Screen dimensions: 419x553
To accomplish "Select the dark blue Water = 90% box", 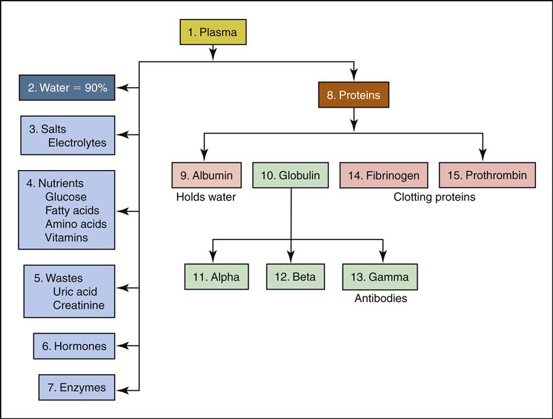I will (67, 88).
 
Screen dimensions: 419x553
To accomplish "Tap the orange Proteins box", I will (353, 95).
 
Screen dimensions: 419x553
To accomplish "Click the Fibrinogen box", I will (384, 175).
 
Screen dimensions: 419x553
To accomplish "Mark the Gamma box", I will (380, 277).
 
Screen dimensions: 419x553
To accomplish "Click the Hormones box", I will (74, 346).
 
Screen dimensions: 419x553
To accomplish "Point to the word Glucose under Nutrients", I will (66, 197).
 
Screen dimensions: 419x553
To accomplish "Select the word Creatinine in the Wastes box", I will (79, 305).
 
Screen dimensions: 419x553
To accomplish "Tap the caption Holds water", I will (206, 198).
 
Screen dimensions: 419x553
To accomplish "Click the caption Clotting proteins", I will (434, 198).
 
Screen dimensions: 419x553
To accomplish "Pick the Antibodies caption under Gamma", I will (381, 298).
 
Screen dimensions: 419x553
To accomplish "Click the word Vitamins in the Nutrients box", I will (67, 237).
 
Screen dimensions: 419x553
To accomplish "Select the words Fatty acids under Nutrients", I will (72, 211).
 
